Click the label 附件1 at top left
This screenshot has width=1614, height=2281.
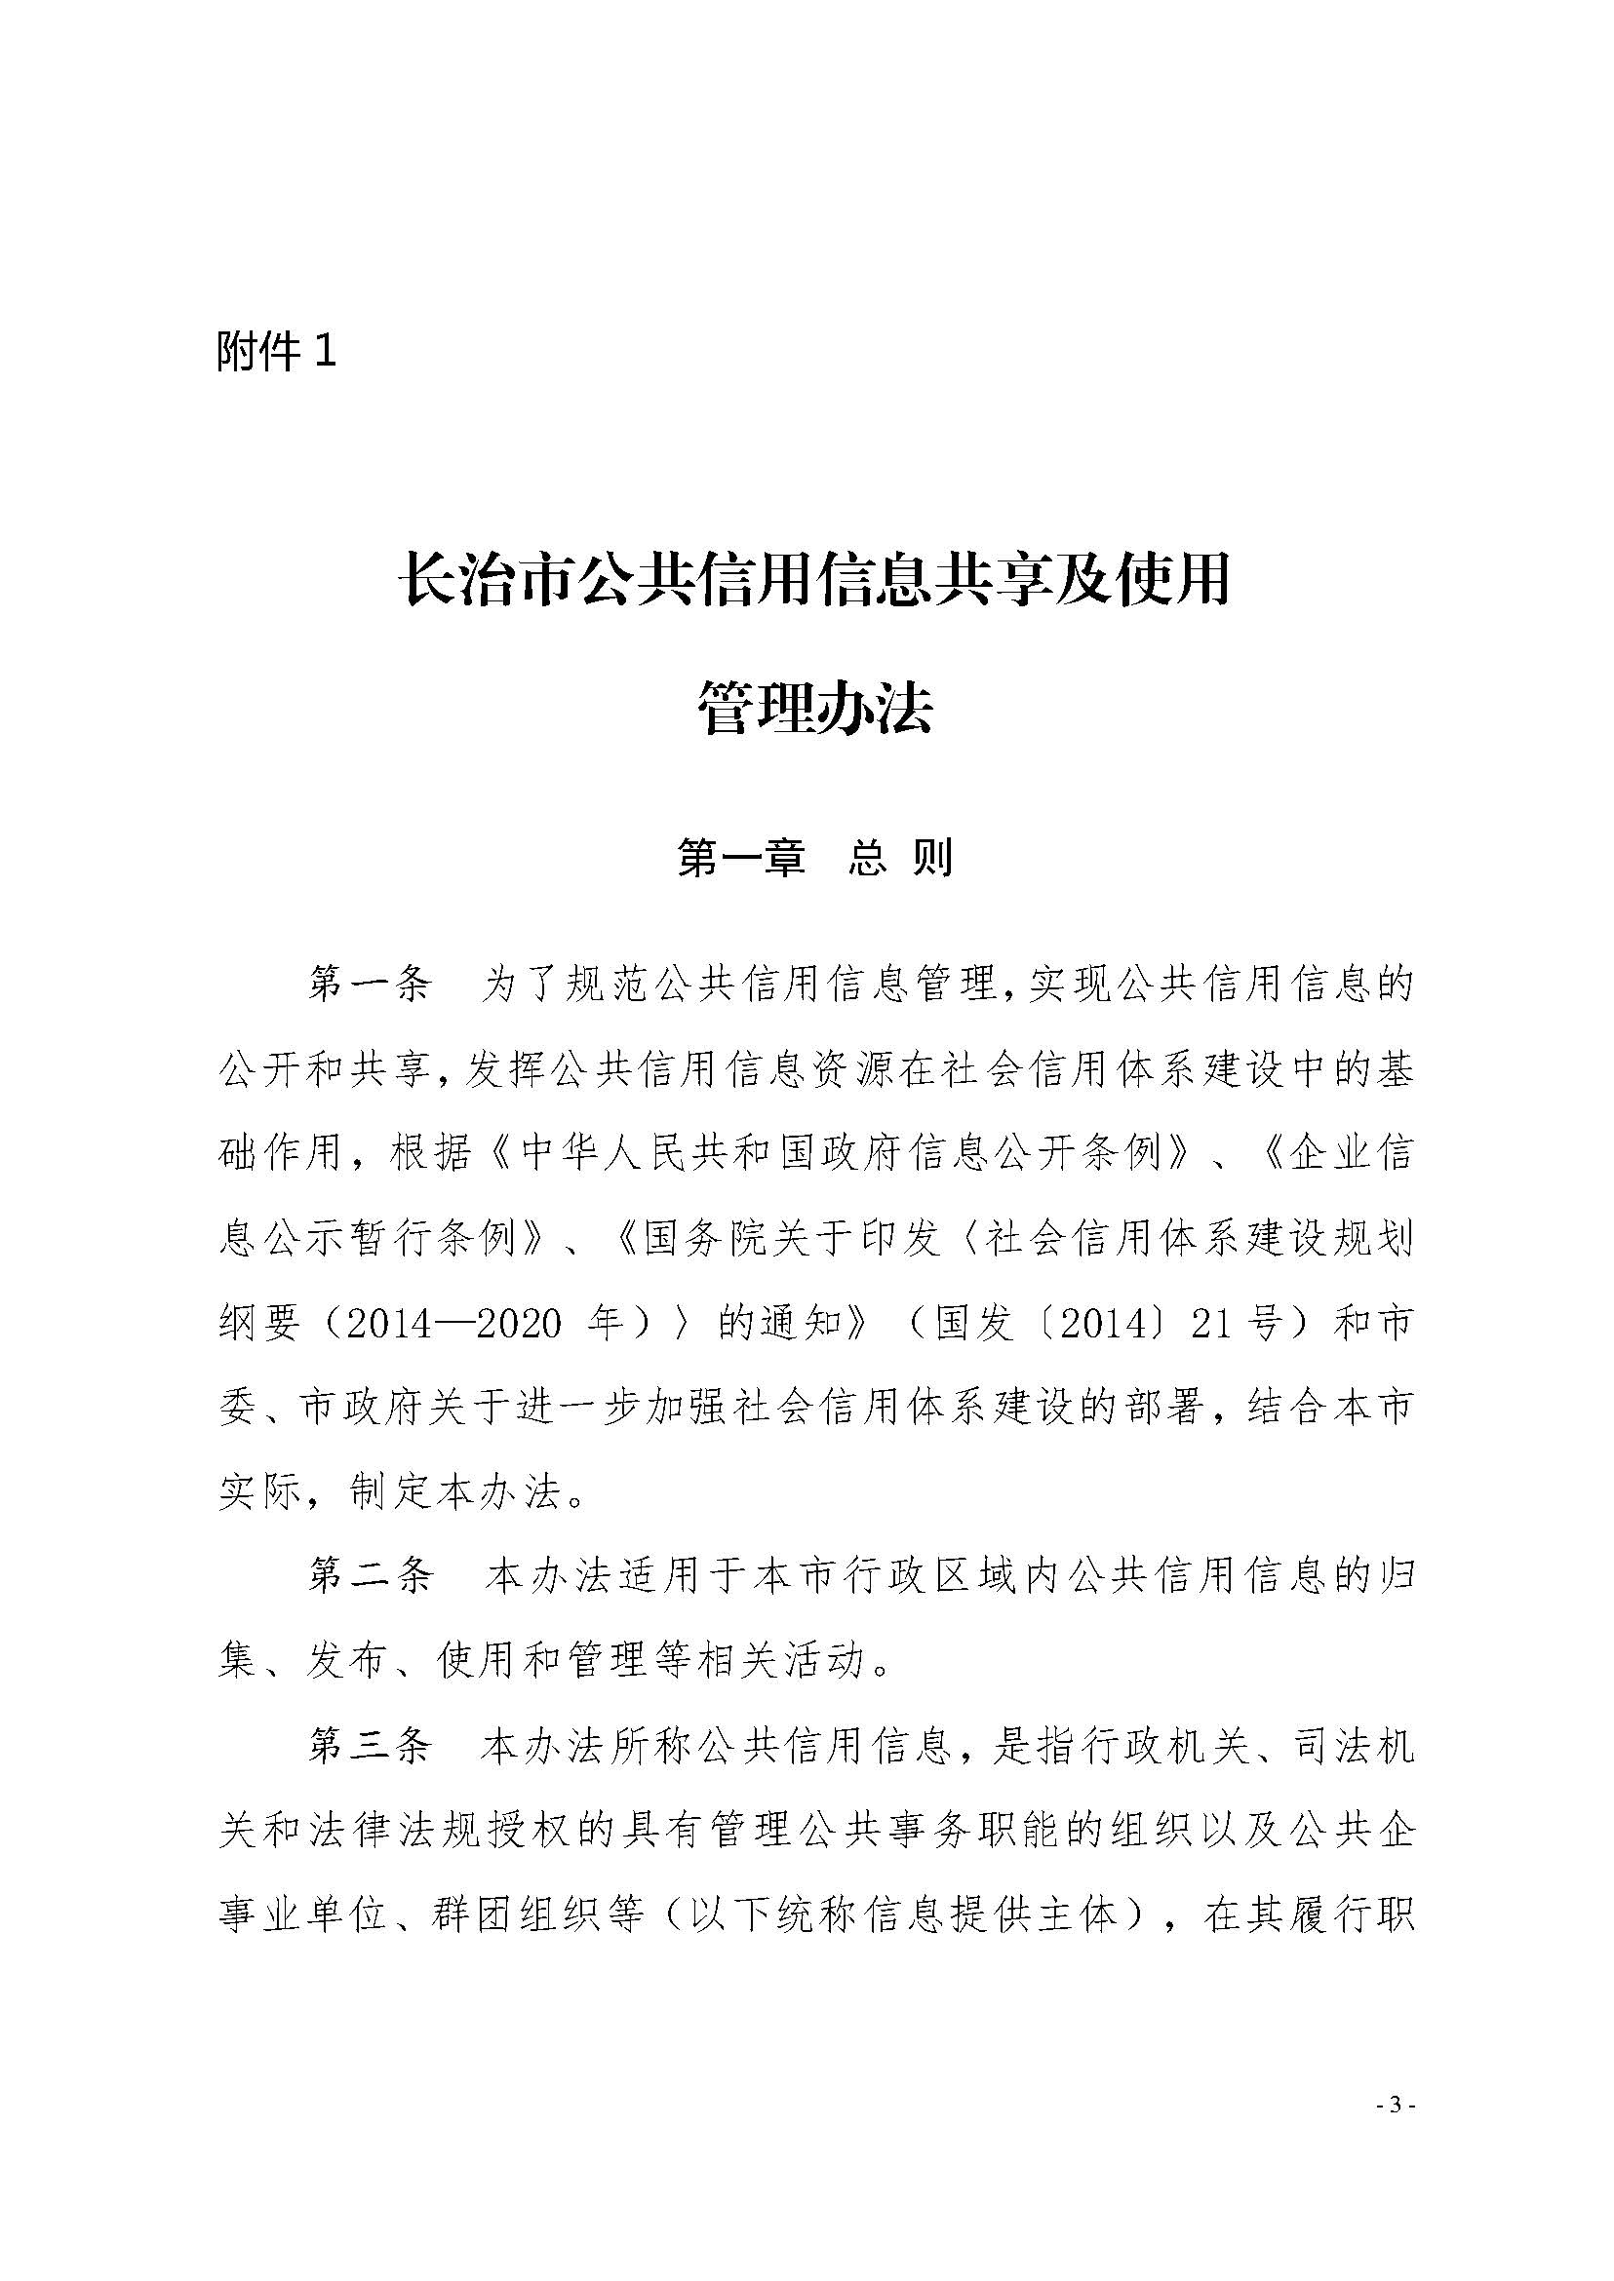[276, 352]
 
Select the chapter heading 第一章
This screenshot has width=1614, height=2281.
[740, 859]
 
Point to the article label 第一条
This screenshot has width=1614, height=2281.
[370, 984]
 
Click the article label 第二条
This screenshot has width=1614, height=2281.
[370, 1576]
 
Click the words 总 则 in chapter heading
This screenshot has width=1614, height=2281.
[900, 859]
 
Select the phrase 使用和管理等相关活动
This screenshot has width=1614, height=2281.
[651, 1661]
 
